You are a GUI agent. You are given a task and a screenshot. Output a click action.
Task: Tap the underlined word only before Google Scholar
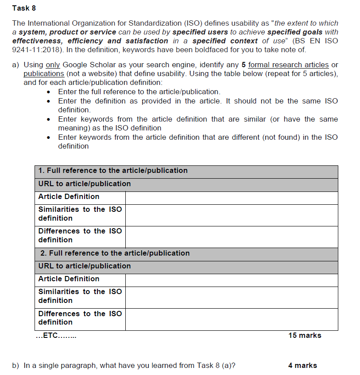[53, 65]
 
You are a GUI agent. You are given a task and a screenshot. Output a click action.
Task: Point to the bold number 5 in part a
[244, 65]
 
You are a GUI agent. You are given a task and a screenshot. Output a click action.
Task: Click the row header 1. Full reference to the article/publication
[113, 171]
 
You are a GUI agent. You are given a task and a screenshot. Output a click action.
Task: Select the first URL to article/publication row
[85, 184]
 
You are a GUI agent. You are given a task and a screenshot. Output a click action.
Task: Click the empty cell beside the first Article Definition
[231, 197]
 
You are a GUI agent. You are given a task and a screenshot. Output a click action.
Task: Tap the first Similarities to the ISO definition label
[80, 214]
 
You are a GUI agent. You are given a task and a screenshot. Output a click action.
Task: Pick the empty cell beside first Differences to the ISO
[231, 236]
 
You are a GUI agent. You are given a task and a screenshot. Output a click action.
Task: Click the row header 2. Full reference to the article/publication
[115, 253]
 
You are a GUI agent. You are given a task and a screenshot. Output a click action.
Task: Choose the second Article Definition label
[69, 279]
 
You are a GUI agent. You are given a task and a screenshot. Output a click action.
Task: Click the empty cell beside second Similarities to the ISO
[231, 296]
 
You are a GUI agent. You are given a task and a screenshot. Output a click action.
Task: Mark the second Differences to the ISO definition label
[80, 318]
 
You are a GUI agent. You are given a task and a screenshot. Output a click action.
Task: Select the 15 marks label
[305, 336]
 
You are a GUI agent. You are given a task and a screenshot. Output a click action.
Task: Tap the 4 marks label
[302, 365]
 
